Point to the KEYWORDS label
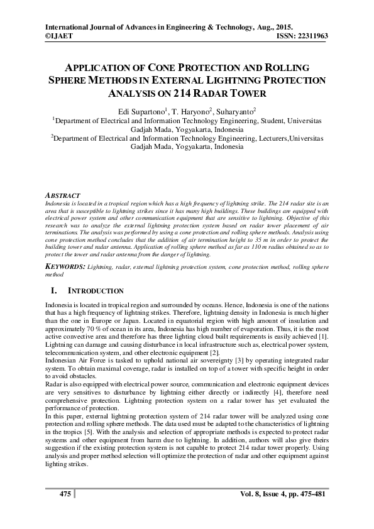click(65, 266)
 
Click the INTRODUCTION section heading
click(96, 292)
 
